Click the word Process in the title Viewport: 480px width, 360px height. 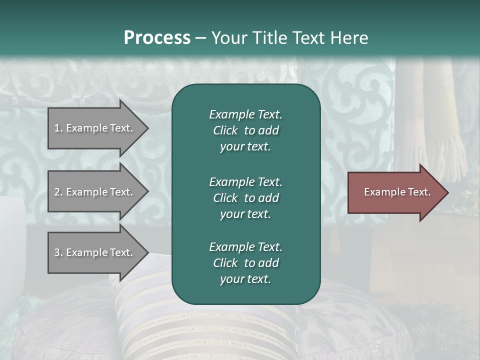coord(157,37)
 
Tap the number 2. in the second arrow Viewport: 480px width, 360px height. coord(58,192)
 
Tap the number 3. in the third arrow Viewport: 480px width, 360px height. coord(58,252)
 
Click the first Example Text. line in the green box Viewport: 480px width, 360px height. coord(245,114)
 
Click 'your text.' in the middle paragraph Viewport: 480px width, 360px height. coord(245,214)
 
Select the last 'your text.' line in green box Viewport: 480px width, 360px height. coord(245,279)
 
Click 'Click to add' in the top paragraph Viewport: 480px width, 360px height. coord(245,130)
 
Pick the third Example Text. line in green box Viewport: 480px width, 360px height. coord(245,247)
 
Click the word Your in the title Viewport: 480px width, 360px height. coord(230,37)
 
